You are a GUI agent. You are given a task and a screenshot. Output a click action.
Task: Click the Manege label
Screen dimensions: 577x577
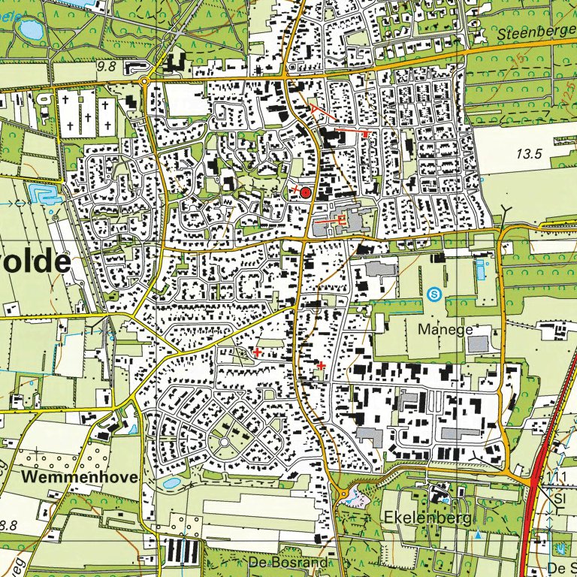click(447, 329)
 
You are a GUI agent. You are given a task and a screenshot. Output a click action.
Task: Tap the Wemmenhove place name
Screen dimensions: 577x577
click(80, 477)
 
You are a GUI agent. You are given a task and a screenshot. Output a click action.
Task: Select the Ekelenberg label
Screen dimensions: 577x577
click(427, 518)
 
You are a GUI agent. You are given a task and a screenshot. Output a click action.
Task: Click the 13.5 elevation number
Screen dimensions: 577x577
click(529, 154)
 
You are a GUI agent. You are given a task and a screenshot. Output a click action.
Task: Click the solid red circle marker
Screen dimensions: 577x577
click(306, 193)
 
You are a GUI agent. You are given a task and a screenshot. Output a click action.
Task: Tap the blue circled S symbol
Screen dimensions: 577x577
click(433, 295)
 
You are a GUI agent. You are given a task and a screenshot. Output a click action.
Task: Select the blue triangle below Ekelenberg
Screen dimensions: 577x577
click(477, 535)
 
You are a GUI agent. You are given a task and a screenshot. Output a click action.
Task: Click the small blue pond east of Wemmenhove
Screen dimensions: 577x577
click(171, 483)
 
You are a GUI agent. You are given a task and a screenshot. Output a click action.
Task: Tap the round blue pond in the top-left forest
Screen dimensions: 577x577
click(32, 30)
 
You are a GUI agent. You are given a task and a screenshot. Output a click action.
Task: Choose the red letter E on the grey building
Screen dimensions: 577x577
click(342, 219)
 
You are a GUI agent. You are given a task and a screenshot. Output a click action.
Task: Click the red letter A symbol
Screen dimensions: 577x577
click(313, 110)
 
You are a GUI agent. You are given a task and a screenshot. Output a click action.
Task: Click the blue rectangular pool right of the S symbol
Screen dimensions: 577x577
click(479, 270)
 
